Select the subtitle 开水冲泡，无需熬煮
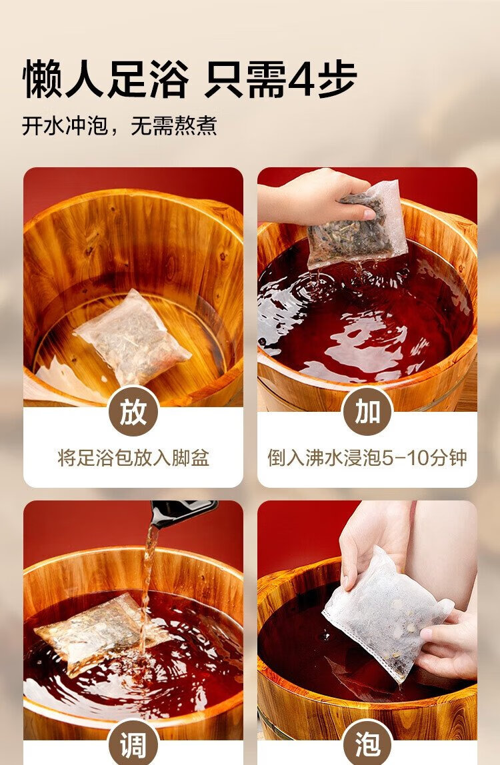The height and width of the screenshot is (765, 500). coord(119,126)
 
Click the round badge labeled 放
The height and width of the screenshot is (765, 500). coord(133,412)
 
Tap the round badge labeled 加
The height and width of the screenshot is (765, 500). coord(367,412)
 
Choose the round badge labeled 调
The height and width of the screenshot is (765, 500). coord(133,742)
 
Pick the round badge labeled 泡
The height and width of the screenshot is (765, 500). coord(367,742)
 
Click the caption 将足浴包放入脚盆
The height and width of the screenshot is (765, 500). coord(133,458)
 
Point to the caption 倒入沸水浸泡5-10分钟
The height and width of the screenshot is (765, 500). coord(367,458)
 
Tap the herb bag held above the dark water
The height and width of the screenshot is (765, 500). coord(359,225)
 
